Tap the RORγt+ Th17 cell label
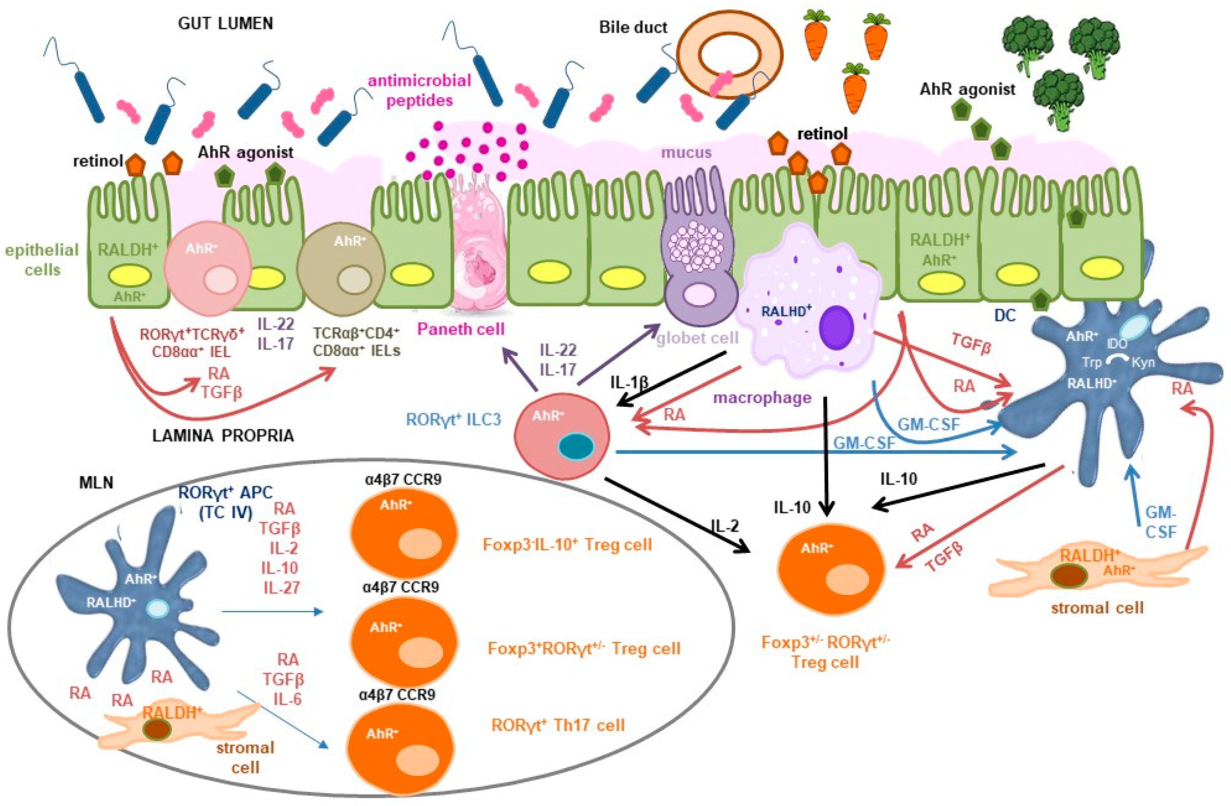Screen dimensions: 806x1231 [558, 725]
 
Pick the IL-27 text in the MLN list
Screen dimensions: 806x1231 [281, 587]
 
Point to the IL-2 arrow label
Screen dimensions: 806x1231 [725, 526]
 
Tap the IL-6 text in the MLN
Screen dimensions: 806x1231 [287, 699]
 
